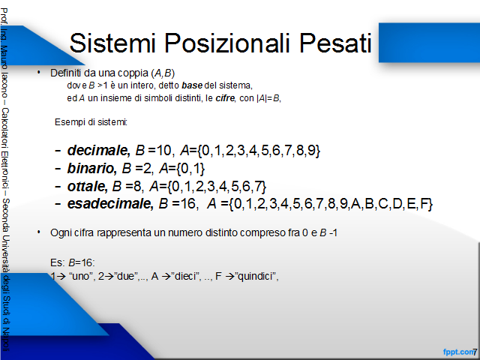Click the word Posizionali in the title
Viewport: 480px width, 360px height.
tap(226, 43)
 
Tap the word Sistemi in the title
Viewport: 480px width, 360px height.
tap(112, 43)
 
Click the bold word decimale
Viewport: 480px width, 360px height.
tap(98, 150)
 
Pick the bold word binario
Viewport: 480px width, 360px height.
tap(91, 168)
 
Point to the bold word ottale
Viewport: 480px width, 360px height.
tap(87, 186)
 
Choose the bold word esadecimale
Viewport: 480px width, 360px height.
tap(110, 203)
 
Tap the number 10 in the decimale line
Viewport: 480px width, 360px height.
tap(163, 150)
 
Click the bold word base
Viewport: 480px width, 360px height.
tap(192, 85)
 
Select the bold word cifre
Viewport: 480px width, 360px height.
tap(225, 98)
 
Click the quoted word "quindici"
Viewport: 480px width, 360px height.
tap(256, 277)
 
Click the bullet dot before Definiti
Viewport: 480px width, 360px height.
tap(38, 72)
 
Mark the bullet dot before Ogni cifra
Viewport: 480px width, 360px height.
tap(38, 232)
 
